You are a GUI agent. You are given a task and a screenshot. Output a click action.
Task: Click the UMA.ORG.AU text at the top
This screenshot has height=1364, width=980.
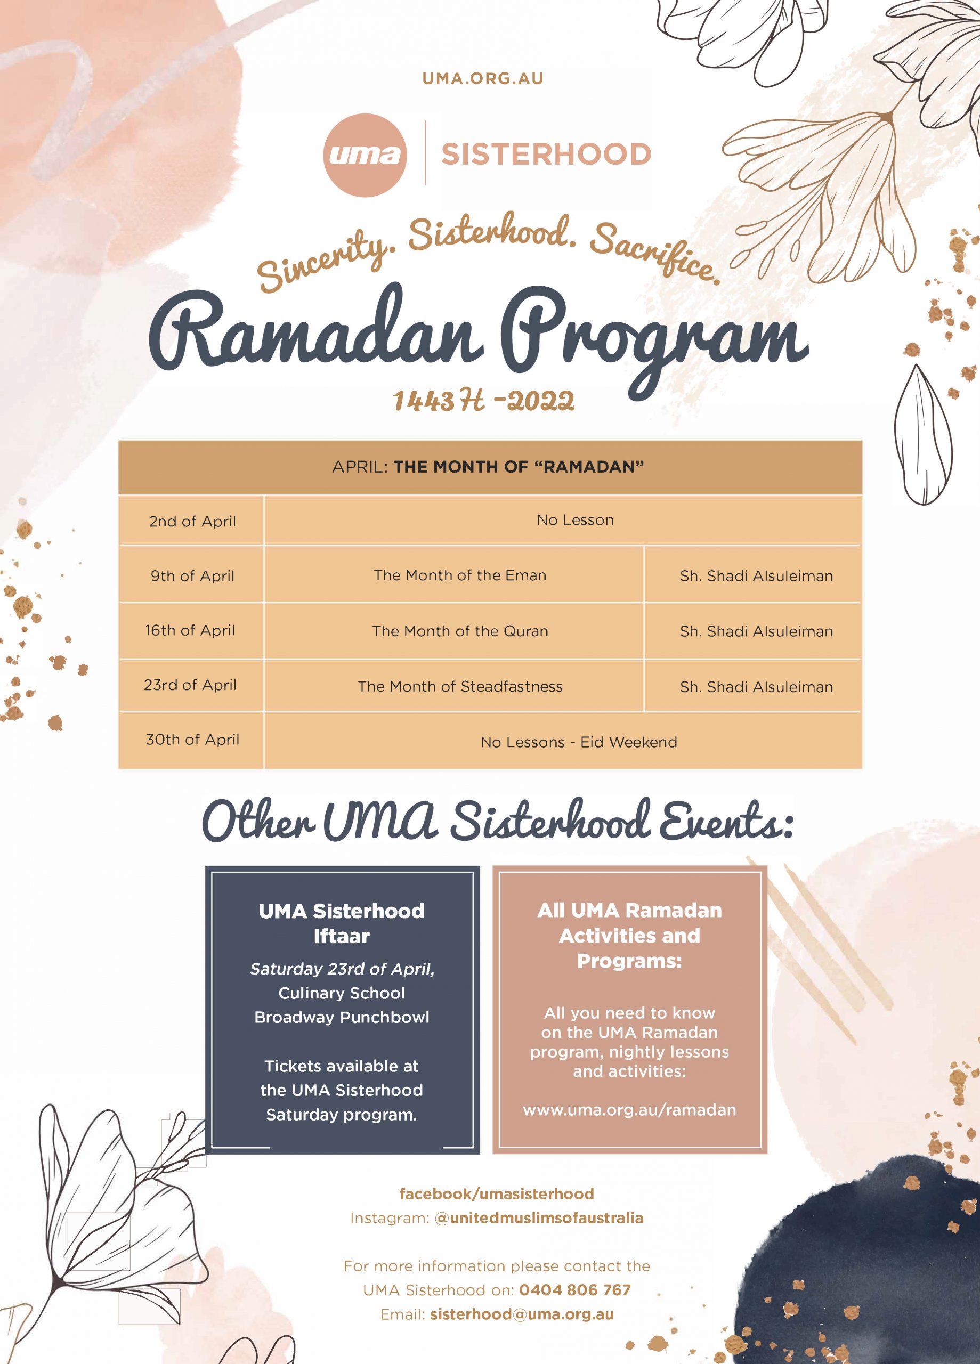tap(482, 79)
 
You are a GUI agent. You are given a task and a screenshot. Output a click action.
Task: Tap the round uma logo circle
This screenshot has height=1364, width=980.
tap(365, 155)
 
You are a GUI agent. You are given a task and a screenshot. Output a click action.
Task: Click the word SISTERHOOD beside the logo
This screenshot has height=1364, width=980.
tap(546, 154)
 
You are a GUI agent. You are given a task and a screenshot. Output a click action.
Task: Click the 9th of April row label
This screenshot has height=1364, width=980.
tap(192, 576)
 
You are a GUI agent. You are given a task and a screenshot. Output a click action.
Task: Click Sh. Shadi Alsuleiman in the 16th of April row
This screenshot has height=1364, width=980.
tap(756, 631)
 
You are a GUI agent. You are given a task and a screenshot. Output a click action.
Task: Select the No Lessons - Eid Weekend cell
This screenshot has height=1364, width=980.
tap(578, 742)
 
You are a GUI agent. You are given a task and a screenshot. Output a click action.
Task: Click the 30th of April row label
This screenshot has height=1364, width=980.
tap(192, 740)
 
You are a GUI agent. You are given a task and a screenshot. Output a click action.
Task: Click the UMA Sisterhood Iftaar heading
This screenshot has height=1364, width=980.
tap(341, 923)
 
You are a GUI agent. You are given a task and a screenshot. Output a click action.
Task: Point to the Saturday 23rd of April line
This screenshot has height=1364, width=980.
tap(342, 969)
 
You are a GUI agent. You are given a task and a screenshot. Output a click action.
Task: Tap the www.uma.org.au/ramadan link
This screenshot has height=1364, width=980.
tap(629, 1110)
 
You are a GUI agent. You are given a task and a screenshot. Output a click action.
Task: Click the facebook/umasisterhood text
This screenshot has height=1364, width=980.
tap(496, 1194)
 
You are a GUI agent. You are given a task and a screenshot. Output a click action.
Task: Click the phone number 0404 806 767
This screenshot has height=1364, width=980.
tap(574, 1290)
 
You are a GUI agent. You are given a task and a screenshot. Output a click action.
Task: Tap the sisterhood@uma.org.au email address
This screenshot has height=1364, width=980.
tap(522, 1314)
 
